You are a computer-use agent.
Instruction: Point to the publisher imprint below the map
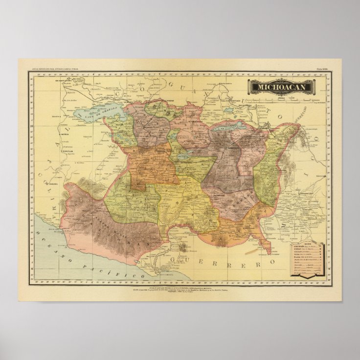pos(180,288)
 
